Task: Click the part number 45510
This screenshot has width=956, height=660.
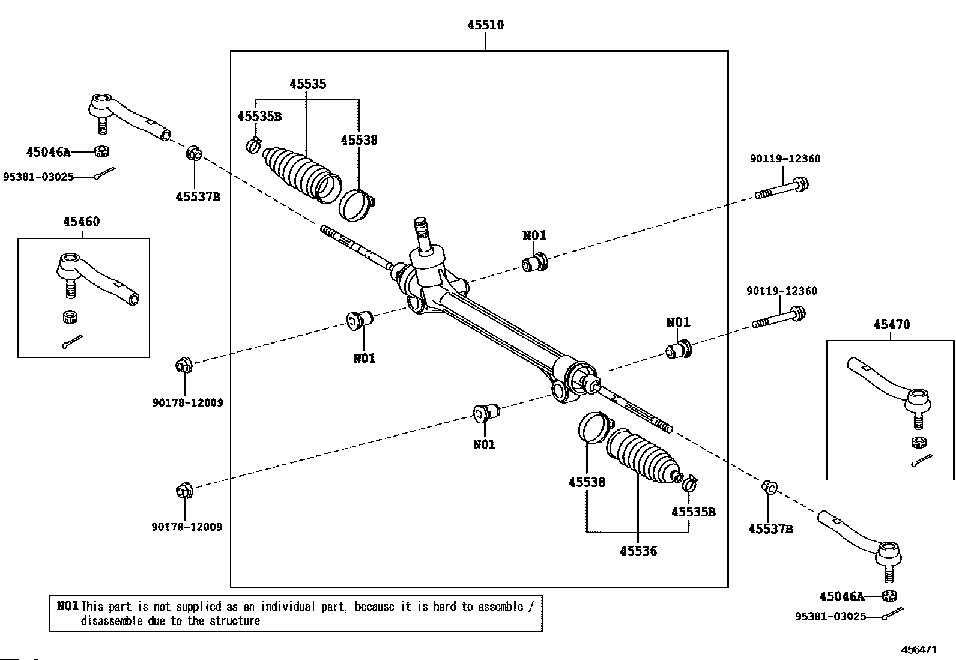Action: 485,25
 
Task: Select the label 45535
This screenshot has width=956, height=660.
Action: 307,84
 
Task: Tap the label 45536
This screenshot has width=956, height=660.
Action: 638,551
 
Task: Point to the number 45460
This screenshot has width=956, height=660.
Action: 82,222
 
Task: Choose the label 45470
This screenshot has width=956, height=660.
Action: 892,324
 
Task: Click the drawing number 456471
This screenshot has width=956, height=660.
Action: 919,649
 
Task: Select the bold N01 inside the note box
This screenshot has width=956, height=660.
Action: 67,606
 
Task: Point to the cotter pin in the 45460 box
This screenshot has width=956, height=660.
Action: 73,342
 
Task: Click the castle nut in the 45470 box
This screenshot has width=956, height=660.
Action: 918,443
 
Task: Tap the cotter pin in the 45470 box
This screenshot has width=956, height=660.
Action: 922,461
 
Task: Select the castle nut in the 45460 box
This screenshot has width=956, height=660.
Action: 70,317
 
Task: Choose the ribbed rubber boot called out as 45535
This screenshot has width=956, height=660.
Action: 301,174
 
